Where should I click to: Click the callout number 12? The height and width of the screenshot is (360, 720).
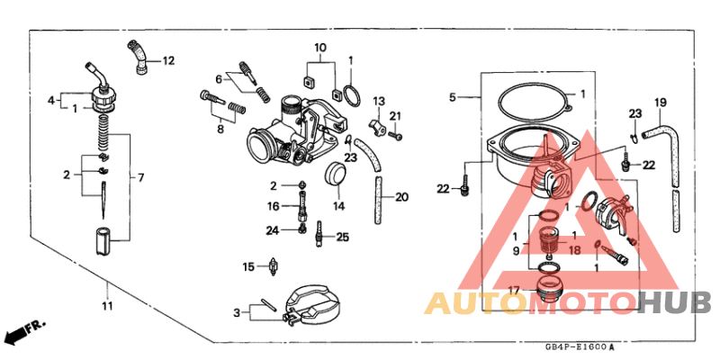pos(168,61)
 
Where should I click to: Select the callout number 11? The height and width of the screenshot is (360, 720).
pos(107,308)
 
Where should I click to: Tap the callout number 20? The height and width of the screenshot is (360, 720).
pos(401,197)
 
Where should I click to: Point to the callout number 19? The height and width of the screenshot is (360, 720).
pos(660,101)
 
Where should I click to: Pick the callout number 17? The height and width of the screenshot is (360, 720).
pos(514,290)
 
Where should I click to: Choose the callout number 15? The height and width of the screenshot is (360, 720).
pos(248,266)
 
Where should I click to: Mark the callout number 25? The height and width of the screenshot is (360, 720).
pos(342,238)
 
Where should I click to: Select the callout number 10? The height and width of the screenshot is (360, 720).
pos(320,47)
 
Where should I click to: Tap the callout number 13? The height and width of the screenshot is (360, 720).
pos(379,101)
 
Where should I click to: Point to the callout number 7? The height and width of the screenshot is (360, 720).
pos(139,177)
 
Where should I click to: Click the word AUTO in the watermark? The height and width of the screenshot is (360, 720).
pos(476,303)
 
